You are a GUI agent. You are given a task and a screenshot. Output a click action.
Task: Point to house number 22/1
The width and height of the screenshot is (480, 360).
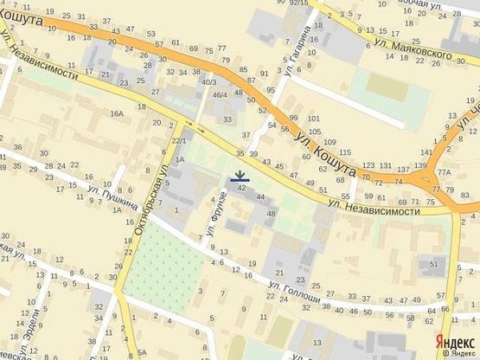pos(179,140)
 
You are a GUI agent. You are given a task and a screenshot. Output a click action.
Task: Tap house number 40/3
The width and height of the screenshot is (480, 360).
pos(208,82)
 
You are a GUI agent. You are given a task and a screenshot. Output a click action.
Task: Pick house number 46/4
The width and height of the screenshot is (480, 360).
pos(220,94)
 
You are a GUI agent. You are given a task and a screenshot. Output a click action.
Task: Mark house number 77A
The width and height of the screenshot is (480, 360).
pos(444,173)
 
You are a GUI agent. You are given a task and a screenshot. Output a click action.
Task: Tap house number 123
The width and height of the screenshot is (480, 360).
pos(369,164)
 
